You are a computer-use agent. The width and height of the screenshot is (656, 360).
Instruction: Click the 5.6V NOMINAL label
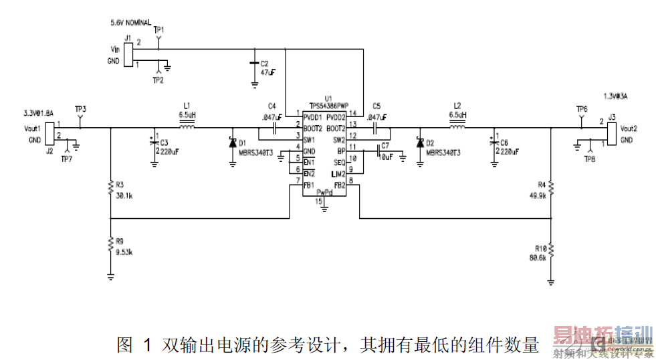click(x=130, y=23)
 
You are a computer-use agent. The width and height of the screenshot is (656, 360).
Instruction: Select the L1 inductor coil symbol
click(x=187, y=128)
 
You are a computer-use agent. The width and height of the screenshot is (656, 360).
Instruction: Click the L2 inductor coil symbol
click(x=457, y=128)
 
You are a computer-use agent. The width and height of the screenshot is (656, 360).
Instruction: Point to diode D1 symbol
click(x=232, y=143)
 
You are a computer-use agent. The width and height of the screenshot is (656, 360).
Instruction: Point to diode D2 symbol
click(x=420, y=143)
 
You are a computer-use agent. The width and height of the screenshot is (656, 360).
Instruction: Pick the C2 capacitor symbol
click(x=254, y=64)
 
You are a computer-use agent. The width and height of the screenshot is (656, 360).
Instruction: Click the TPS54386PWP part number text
click(x=329, y=106)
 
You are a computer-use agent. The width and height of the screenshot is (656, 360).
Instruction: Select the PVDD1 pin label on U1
click(x=314, y=116)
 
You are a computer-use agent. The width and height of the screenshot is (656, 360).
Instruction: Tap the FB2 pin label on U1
click(x=339, y=185)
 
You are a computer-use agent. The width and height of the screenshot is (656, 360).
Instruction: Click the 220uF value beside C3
click(x=169, y=152)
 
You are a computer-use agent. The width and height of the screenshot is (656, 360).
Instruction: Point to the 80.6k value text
click(x=537, y=258)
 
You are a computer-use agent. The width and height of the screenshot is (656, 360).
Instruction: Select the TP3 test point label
click(x=80, y=108)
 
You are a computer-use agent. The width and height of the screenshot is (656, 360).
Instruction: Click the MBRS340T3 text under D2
click(x=443, y=153)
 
